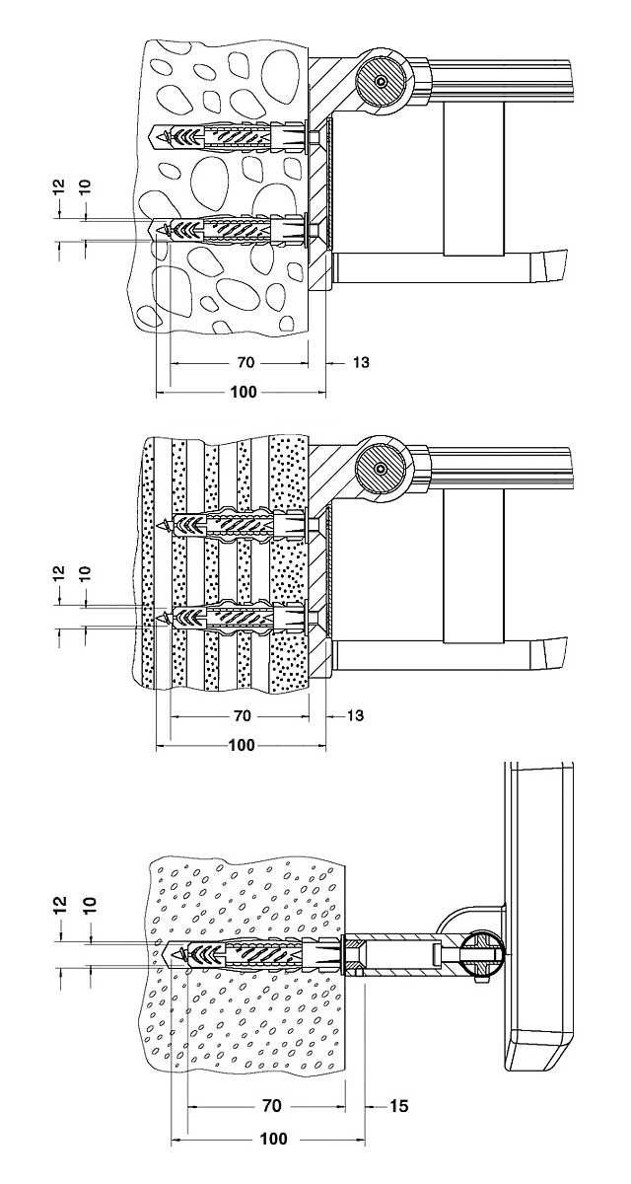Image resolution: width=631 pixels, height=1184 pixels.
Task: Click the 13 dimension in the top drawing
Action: pyautogui.click(x=360, y=363)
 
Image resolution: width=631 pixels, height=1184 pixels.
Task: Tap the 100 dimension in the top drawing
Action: pyautogui.click(x=243, y=392)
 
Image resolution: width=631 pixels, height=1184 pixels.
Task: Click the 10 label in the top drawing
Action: pyautogui.click(x=85, y=185)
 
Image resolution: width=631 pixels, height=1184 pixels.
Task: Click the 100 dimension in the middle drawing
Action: pyautogui.click(x=243, y=745)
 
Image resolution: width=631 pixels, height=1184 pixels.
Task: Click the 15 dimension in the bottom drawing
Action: pyautogui.click(x=397, y=1107)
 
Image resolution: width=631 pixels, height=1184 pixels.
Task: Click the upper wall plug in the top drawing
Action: pyautogui.click(x=227, y=135)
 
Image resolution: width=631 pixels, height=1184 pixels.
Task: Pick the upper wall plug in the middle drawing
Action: pyautogui.click(x=237, y=523)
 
